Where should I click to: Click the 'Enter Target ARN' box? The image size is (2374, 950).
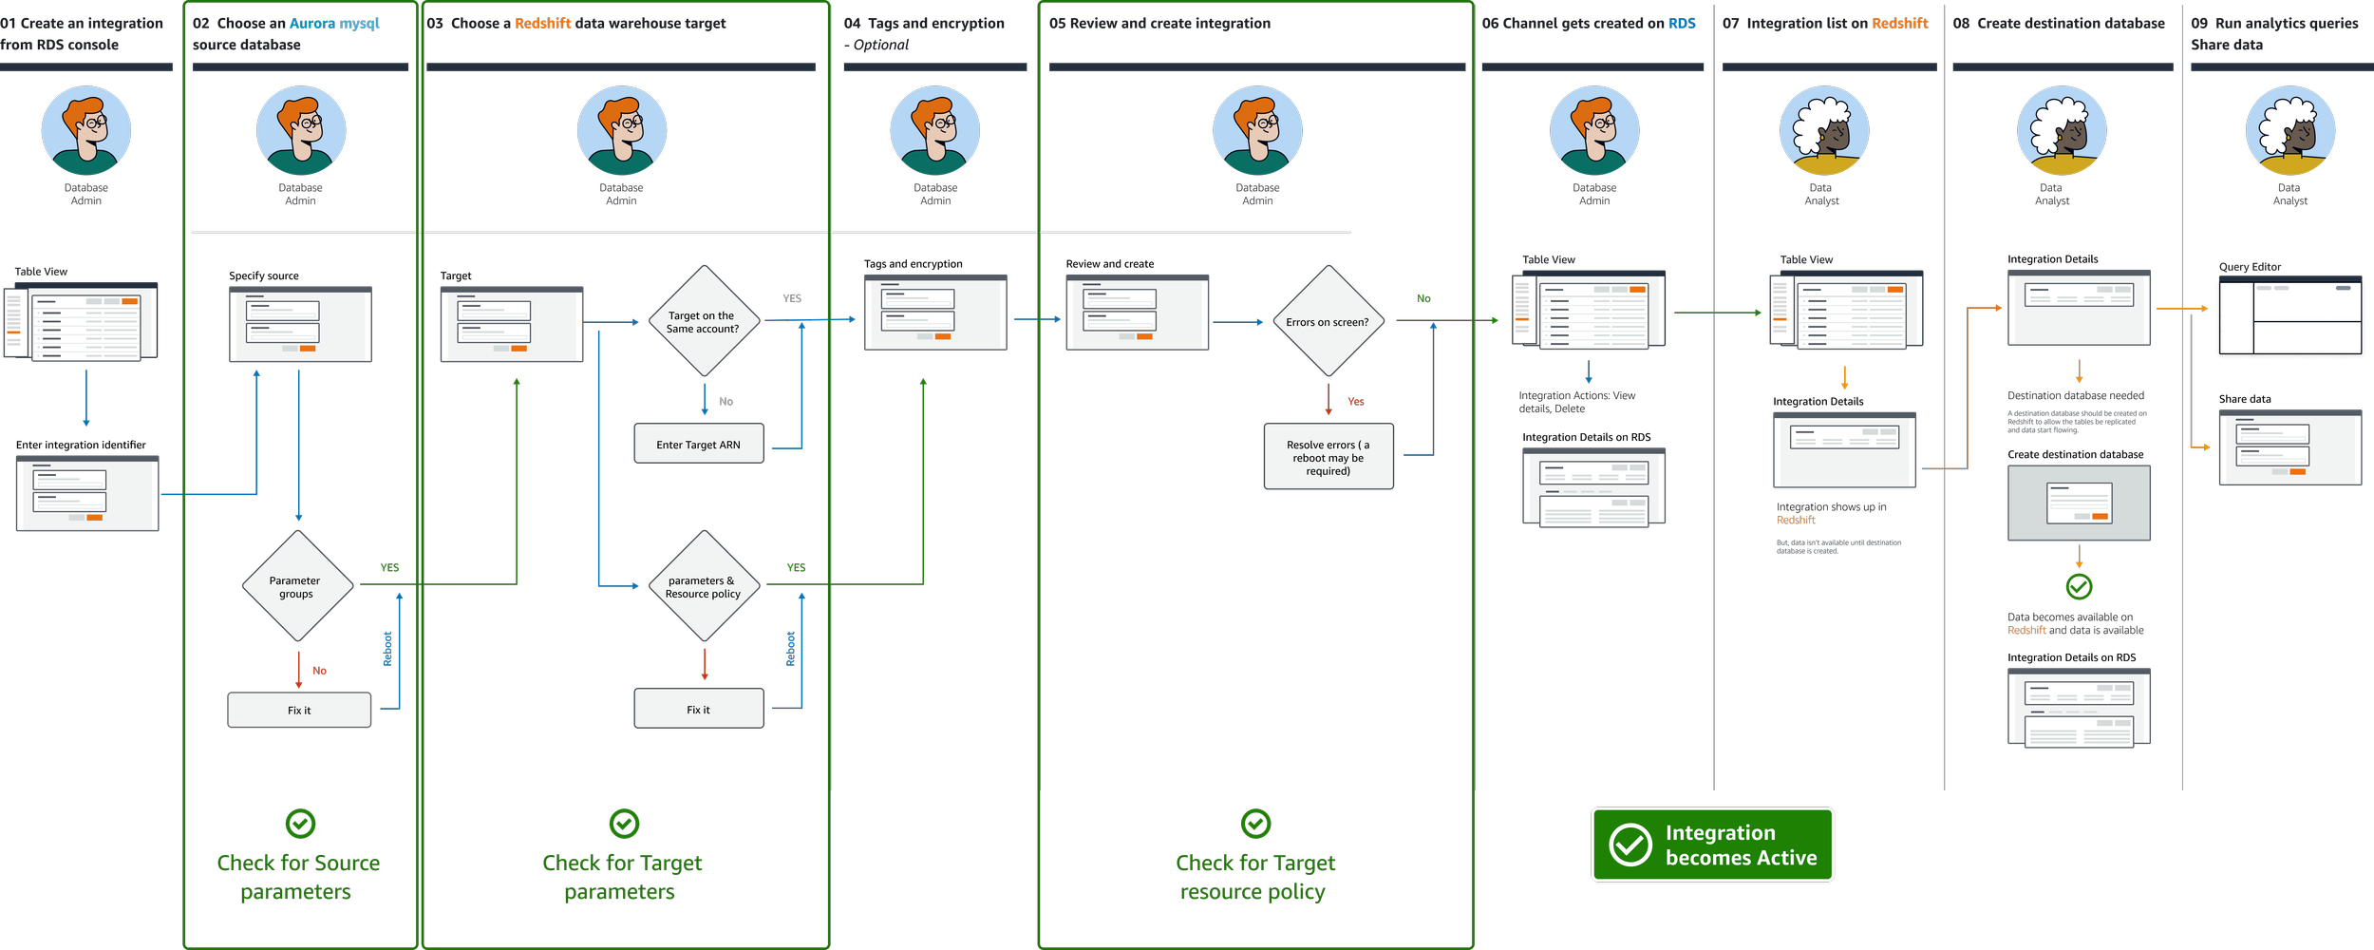point(698,444)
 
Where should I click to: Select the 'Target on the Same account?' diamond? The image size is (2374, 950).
point(703,321)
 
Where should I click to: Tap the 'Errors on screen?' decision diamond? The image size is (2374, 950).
point(1328,321)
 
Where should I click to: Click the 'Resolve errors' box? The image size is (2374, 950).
point(1328,457)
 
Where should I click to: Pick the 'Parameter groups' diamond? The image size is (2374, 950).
point(296,586)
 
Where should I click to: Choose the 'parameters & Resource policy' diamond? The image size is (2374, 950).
point(703,586)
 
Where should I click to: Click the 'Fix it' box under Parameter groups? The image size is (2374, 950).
point(299,710)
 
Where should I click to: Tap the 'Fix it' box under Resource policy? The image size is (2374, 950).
point(698,709)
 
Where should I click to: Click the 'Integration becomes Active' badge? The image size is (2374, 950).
point(1712,845)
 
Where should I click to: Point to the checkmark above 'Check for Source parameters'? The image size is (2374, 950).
point(300,823)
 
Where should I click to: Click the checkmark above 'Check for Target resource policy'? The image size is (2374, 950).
point(1255,823)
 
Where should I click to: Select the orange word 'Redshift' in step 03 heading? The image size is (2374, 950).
point(543,23)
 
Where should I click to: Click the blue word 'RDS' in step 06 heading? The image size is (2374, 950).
point(1682,23)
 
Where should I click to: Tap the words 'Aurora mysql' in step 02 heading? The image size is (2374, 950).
point(334,23)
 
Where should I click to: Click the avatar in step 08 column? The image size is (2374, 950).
point(2062,130)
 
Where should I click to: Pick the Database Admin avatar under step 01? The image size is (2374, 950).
point(86,130)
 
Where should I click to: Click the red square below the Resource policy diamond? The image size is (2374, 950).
point(717,659)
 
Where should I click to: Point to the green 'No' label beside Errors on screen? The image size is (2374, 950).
point(1423,299)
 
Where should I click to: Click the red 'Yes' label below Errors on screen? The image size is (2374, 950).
point(1356,402)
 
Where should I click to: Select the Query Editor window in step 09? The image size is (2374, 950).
point(2289,318)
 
